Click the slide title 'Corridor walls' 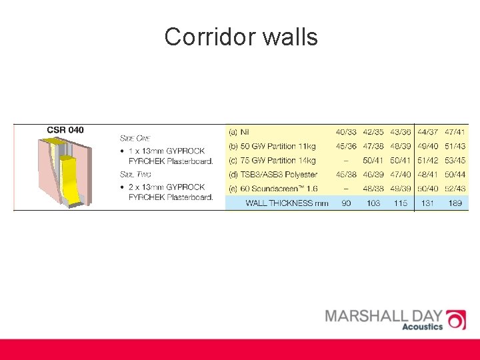pyautogui.click(x=241, y=37)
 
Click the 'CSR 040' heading pyautogui.click(x=65, y=129)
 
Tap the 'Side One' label pyautogui.click(x=135, y=138)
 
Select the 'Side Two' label pyautogui.click(x=135, y=175)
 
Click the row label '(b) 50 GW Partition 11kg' pyautogui.click(x=272, y=146)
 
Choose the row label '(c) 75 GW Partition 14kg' pyautogui.click(x=272, y=161)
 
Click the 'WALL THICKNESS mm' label pyautogui.click(x=287, y=203)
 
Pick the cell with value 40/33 pyautogui.click(x=346, y=132)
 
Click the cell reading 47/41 pyautogui.click(x=455, y=132)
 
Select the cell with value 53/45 pyautogui.click(x=455, y=161)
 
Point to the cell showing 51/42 pyautogui.click(x=427, y=161)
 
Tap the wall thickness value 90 pyautogui.click(x=346, y=203)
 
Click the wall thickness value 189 pyautogui.click(x=455, y=203)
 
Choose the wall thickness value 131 pyautogui.click(x=427, y=203)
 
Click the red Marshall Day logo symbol pyautogui.click(x=455, y=320)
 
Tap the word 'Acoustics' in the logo pyautogui.click(x=422, y=327)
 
